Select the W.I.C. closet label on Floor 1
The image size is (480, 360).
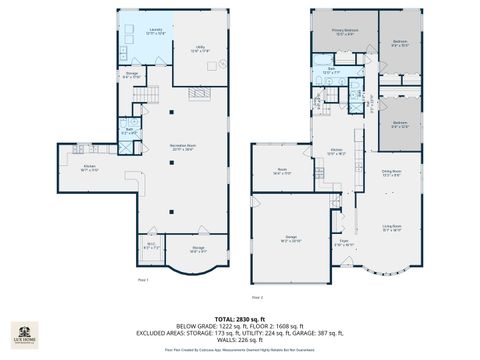151,245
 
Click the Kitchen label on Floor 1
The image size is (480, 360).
89,168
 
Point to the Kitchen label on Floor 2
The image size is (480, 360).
337,152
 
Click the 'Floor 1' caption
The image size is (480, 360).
143,279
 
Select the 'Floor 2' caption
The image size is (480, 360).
258,297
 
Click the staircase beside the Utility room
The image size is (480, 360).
200,92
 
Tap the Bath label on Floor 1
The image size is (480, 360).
129,130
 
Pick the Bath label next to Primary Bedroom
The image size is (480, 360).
330,71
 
